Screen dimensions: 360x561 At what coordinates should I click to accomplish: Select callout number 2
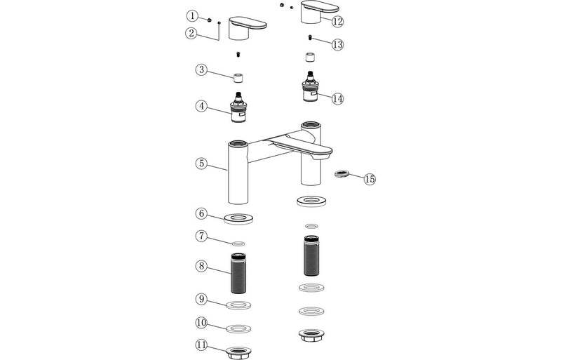(191, 32)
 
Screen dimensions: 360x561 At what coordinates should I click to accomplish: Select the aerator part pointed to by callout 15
(343, 173)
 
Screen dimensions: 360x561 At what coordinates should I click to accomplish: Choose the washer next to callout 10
(239, 328)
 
